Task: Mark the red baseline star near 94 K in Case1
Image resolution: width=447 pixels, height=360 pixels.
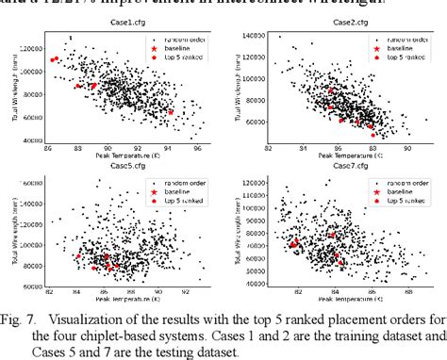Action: (x=172, y=111)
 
